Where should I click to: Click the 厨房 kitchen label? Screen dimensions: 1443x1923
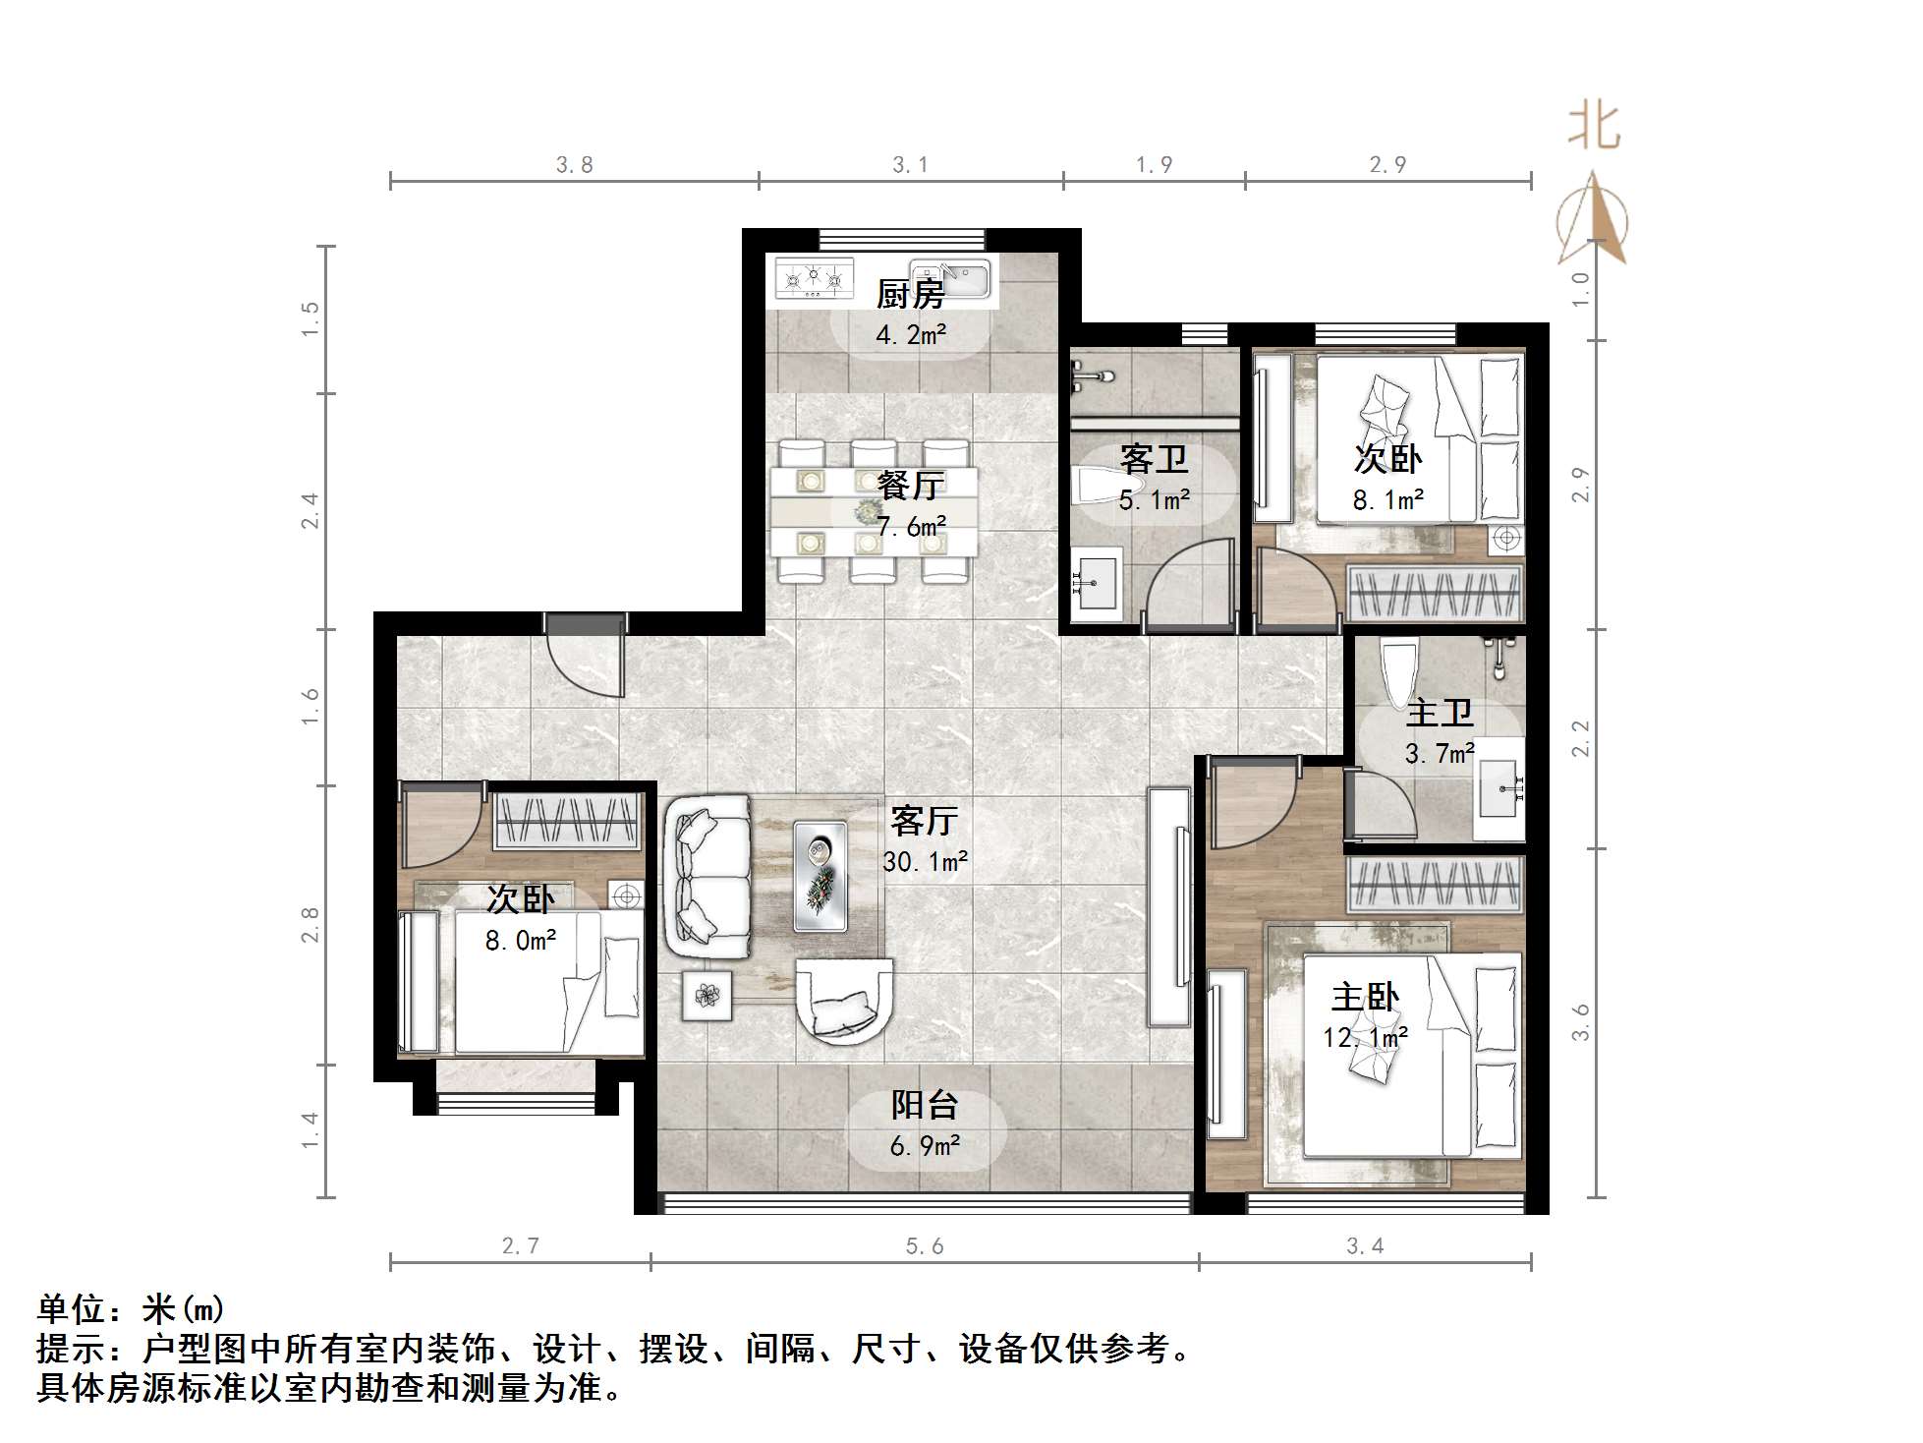[910, 294]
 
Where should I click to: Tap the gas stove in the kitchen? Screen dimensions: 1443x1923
[813, 278]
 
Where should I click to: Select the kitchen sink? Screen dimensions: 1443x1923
[949, 279]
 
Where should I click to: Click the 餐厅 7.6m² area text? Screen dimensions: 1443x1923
[911, 527]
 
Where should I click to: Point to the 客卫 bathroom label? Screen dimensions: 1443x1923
[1154, 459]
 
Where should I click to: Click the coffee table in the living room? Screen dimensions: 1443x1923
[820, 875]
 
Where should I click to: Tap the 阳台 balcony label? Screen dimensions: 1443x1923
[924, 1105]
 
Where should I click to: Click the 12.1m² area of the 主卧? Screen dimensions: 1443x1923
[1365, 1038]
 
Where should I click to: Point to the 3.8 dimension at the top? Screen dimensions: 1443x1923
[574, 165]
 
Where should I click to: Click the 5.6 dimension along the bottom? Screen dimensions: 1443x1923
[924, 1246]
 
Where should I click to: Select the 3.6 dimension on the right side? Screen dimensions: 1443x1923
[1580, 1022]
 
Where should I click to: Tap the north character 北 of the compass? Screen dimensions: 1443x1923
[1593, 128]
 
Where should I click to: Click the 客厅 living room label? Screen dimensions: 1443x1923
[924, 820]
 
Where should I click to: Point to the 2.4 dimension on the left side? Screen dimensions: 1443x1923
[310, 511]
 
